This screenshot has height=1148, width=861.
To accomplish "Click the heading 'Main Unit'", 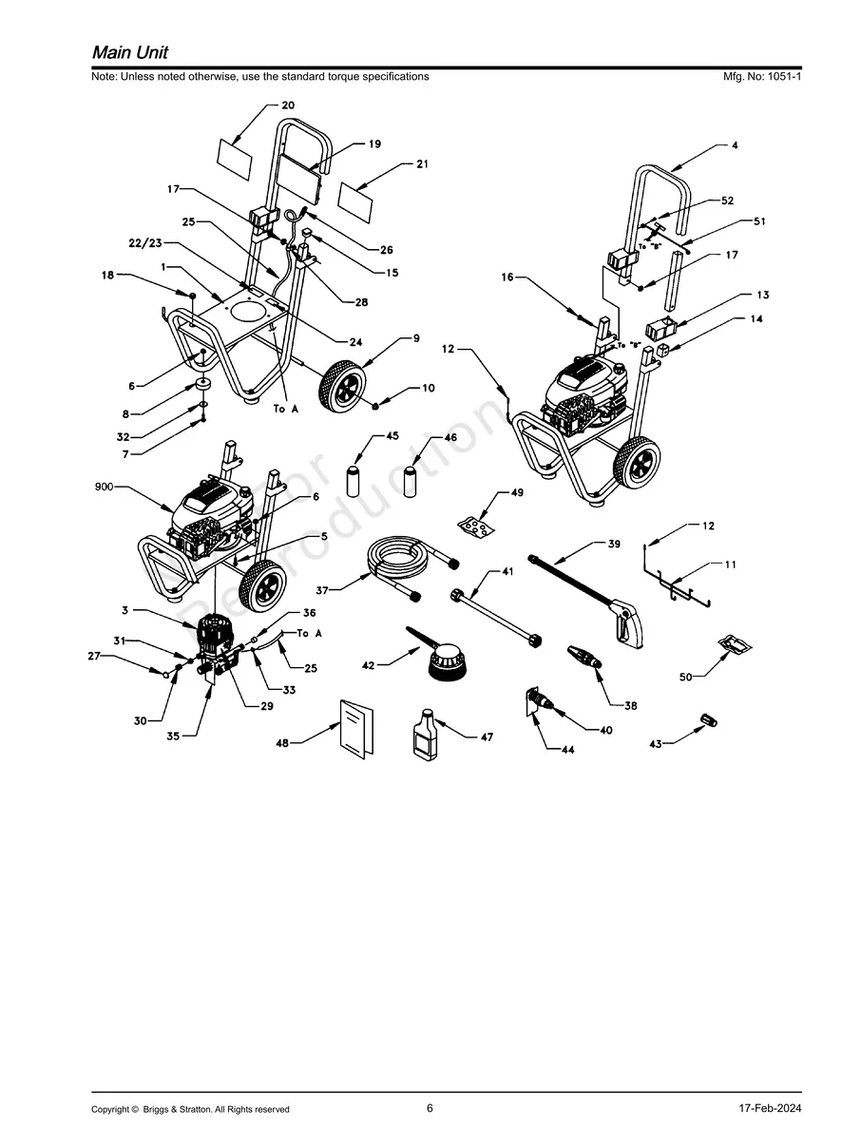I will coord(130,51).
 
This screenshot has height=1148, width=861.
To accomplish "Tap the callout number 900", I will coord(105,487).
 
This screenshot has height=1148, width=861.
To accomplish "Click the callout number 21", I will coord(422,164).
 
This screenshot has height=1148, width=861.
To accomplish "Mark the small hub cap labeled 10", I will coord(375,406).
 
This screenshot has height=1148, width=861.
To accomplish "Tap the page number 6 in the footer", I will coord(430,1108).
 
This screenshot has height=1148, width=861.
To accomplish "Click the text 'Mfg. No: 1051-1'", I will coord(762,76).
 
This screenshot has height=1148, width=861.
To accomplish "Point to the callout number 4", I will coord(735,145).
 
